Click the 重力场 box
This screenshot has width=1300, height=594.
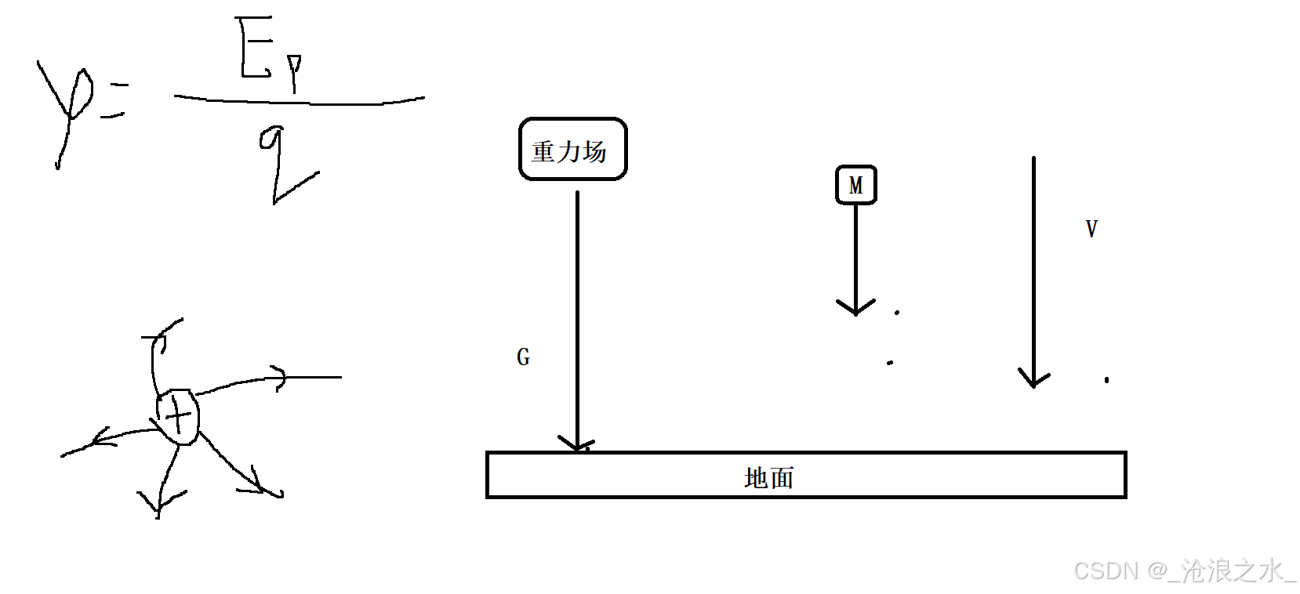point(572,149)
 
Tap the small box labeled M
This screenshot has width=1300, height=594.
point(855,185)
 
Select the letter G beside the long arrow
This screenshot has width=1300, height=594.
point(523,357)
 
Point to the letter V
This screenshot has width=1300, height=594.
point(1091,229)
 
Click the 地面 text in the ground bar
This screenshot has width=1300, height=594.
point(768,477)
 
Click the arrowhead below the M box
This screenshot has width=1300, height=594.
point(855,306)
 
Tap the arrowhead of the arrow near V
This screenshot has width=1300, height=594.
point(1033,379)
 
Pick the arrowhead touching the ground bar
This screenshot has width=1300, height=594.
point(577,444)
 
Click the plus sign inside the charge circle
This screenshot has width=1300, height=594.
point(179,416)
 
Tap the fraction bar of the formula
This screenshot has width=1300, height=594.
point(298,100)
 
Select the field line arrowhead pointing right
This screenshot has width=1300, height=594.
point(278,377)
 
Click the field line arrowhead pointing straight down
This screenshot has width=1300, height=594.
point(159,502)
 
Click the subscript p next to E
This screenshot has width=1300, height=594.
point(294,73)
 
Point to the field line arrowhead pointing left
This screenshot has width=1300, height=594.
point(100,440)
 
